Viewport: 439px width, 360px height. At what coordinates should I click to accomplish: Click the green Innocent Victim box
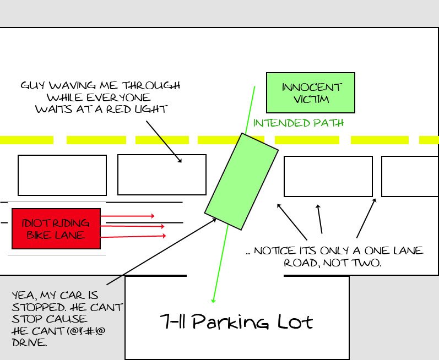(x=310, y=92)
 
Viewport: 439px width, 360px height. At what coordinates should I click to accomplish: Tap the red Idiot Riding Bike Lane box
(x=56, y=228)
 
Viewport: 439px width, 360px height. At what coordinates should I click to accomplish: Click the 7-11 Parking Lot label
(x=237, y=320)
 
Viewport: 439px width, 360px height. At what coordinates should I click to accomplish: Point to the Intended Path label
(x=298, y=123)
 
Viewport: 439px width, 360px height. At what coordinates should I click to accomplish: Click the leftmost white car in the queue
(x=62, y=175)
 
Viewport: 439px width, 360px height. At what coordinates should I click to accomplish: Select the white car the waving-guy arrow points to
(x=162, y=174)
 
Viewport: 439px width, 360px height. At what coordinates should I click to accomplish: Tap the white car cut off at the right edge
(x=409, y=176)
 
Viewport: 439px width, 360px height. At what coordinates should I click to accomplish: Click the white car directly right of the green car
(x=328, y=176)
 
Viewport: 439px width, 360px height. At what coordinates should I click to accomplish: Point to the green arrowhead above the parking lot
(x=213, y=300)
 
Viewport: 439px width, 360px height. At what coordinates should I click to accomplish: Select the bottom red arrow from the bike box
(x=133, y=236)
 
